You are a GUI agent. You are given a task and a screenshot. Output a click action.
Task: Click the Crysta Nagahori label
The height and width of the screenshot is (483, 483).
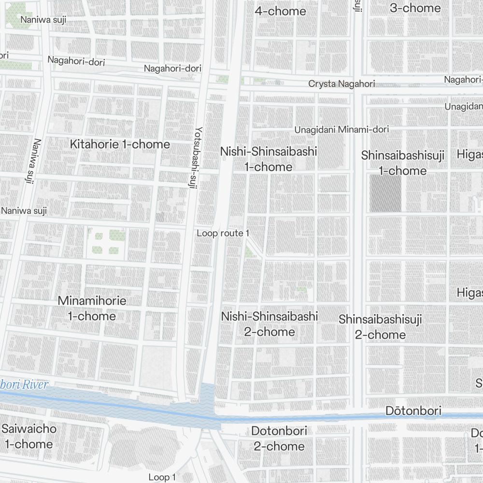[341, 84]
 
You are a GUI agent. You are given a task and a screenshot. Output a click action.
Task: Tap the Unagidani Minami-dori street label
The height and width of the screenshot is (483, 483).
[341, 129]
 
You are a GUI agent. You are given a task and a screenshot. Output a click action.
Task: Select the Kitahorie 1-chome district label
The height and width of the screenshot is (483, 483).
[120, 144]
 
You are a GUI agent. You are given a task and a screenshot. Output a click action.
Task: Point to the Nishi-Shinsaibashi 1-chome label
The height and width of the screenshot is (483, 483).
[269, 159]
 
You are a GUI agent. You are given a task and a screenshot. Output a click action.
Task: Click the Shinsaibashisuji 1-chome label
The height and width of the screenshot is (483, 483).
[403, 163]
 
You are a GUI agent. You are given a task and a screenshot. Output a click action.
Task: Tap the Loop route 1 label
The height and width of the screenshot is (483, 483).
[223, 233]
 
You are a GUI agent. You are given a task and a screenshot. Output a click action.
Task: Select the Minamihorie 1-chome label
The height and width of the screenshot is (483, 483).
[92, 308]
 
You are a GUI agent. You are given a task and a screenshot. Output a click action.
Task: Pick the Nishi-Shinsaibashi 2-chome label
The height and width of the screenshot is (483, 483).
[270, 324]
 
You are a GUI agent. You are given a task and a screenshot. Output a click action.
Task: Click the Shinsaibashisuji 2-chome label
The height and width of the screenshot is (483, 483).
[380, 327]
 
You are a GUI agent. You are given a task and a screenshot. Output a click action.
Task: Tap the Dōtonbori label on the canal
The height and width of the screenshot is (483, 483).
[413, 411]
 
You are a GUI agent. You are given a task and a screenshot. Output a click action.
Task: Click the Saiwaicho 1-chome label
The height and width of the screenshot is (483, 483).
[28, 436]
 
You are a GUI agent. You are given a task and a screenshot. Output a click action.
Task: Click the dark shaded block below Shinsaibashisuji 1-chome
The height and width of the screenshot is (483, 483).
[385, 194]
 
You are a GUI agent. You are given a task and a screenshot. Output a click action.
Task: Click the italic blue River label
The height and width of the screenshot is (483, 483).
[24, 385]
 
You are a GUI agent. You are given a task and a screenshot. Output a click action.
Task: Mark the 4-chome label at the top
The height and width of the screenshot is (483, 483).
[280, 11]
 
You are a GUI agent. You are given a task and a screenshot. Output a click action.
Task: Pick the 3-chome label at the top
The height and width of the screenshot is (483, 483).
[415, 8]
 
